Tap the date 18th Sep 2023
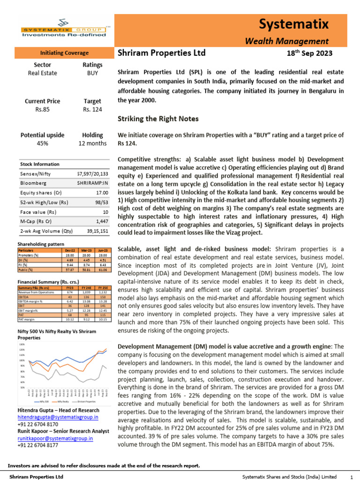pyautogui.click(x=309, y=53)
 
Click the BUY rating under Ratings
pyautogui.click(x=92, y=73)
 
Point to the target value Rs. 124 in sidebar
pyautogui.click(x=92, y=110)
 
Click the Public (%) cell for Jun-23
pyautogui.click(x=102, y=270)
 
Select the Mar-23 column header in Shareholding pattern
pyautogui.click(x=85, y=251)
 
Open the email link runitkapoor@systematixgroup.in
pyautogui.click(x=55, y=439)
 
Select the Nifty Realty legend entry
pyautogui.click(x=62, y=402)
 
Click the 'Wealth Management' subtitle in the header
pyautogui.click(x=287, y=41)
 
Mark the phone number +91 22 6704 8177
pyautogui.click(x=37, y=446)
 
